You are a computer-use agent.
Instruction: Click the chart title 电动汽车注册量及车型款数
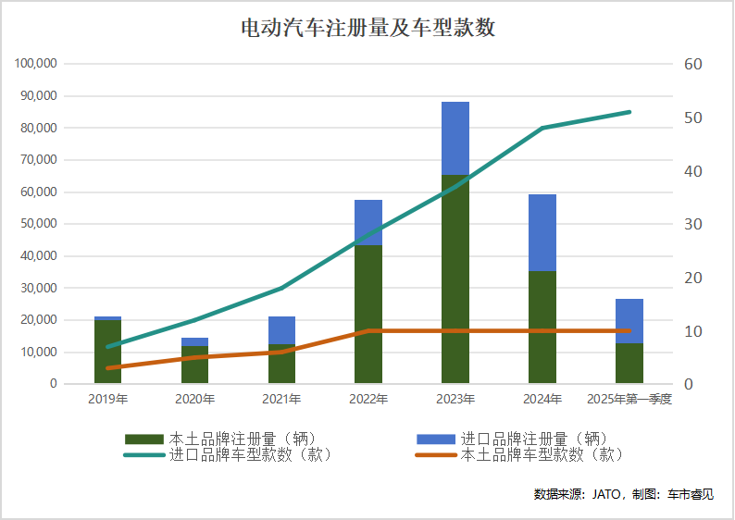pyautogui.click(x=367, y=29)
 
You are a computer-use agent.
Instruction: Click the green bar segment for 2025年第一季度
pyautogui.click(x=629, y=364)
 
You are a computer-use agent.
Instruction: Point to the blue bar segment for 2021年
pyautogui.click(x=281, y=330)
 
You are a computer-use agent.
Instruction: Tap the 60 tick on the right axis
pyautogui.click(x=693, y=64)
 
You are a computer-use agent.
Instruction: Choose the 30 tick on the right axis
pyautogui.click(x=693, y=225)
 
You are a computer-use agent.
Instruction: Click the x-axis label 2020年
pyautogui.click(x=194, y=400)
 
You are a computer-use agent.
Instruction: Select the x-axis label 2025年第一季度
pyautogui.click(x=629, y=400)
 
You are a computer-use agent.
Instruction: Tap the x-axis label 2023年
pyautogui.click(x=455, y=400)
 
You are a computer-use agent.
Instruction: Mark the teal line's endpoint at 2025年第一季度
pyautogui.click(x=629, y=112)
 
